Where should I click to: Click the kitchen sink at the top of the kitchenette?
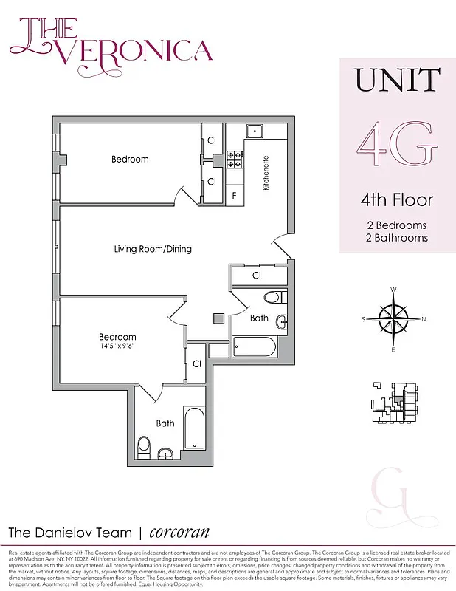(x=255, y=131)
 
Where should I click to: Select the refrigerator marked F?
(x=234, y=196)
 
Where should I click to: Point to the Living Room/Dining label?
(x=153, y=249)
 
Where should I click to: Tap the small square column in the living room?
(x=218, y=318)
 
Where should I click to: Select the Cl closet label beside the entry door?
(x=258, y=276)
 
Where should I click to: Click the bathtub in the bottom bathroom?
(x=193, y=428)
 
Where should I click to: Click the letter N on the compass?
(x=424, y=319)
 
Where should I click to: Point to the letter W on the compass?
(x=394, y=290)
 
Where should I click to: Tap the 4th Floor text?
(x=397, y=200)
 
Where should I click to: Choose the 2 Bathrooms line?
(x=397, y=238)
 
